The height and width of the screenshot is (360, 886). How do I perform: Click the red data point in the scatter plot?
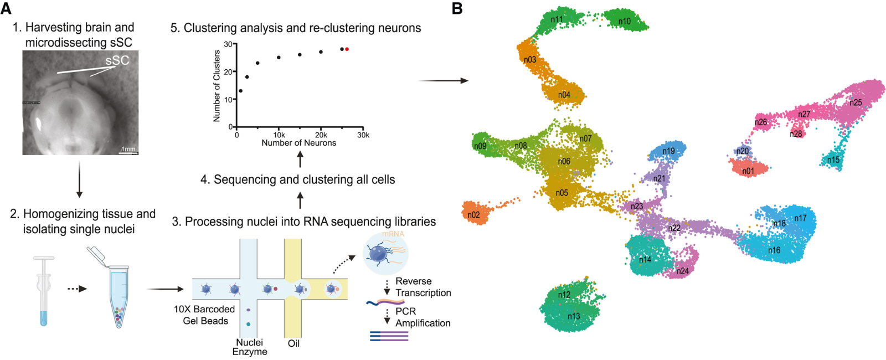(347, 49)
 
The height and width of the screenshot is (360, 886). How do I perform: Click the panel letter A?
(6, 8)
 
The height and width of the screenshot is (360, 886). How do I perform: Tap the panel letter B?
(457, 8)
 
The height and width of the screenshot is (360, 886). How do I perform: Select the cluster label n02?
(473, 215)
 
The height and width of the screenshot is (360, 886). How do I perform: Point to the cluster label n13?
(574, 316)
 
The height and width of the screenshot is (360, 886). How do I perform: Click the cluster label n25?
(856, 102)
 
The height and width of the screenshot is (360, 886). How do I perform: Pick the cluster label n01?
(748, 171)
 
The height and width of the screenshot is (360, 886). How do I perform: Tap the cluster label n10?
(625, 22)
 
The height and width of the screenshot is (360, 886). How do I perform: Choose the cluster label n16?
(774, 250)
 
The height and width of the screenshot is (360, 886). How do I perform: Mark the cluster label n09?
(480, 146)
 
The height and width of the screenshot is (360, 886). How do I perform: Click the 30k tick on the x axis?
(363, 135)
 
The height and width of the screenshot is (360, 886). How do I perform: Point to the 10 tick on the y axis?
(228, 100)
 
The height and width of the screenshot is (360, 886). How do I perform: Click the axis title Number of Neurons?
(299, 143)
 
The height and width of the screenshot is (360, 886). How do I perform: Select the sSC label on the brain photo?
(117, 60)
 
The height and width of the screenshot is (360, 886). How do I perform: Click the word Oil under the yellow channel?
(293, 343)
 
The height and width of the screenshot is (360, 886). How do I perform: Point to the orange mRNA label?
(393, 234)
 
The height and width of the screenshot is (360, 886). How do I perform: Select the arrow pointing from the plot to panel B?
(443, 81)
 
